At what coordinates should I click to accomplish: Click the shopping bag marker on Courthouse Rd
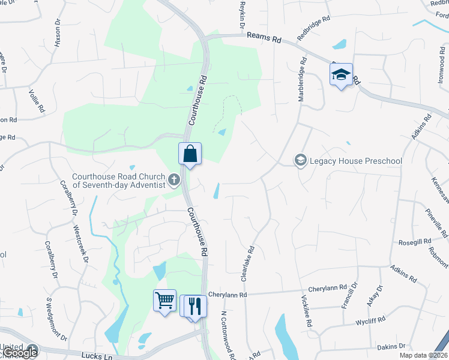coord(190,154)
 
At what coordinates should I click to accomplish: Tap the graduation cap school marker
coord(341,75)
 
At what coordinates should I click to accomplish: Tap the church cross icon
coord(174,180)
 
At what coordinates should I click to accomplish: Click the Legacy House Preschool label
coord(355,161)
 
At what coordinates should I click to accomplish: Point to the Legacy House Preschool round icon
coord(300,160)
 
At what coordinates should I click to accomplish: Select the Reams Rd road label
coord(264,37)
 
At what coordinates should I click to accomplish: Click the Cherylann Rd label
coord(228,295)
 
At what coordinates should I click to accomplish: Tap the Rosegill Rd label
coord(415,242)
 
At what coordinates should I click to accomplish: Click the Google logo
coord(20,352)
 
